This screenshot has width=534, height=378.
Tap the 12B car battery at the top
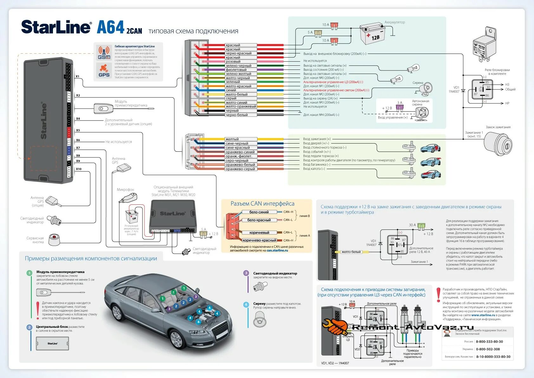373,34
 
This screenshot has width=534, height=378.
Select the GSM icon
104,53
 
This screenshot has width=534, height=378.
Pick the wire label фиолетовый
236,70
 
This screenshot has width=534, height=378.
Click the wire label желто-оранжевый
241,107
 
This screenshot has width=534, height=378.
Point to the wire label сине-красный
238,148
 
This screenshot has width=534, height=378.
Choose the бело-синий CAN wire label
259,212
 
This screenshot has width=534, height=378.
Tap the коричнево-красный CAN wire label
259,240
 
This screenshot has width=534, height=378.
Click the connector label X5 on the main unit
78,130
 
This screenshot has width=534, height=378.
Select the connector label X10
79,169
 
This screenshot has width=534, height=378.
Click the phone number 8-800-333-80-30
489,342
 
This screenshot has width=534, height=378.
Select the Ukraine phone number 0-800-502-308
488,349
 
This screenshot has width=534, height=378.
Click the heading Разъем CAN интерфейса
262,204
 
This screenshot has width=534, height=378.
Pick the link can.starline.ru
277,250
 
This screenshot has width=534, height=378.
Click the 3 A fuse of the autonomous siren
400,108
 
